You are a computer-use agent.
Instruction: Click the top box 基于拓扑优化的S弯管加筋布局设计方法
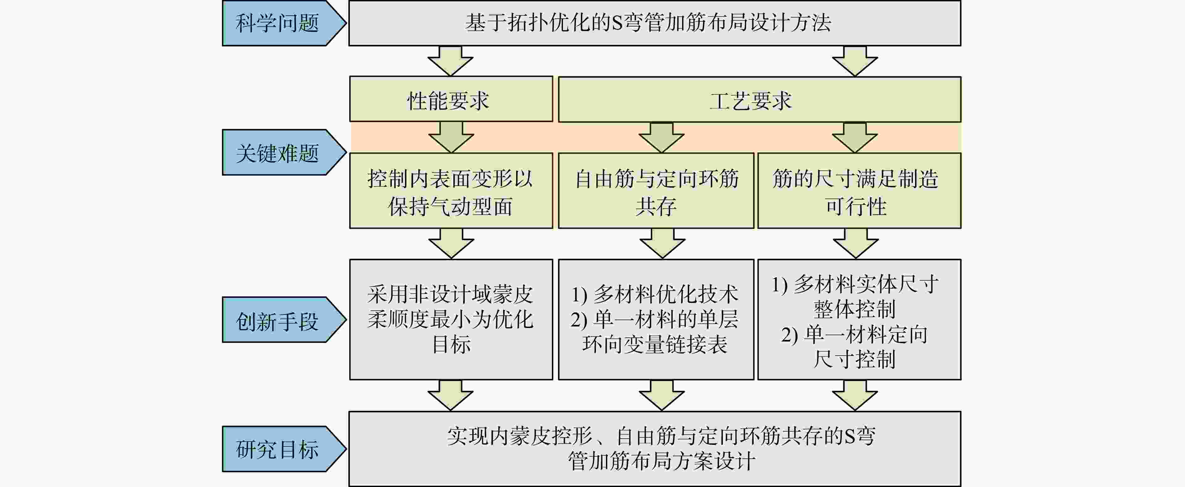click(x=655, y=23)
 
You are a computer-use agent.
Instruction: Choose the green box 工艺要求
click(x=760, y=99)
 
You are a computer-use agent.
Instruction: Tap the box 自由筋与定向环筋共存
click(x=656, y=191)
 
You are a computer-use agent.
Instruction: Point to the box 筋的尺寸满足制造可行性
click(x=859, y=191)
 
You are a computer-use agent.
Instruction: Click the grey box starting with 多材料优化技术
click(x=656, y=320)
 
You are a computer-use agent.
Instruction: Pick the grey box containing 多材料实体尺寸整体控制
click(x=859, y=320)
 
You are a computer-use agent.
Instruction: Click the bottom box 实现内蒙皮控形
click(x=655, y=449)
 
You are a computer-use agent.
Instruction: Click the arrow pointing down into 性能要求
click(x=450, y=61)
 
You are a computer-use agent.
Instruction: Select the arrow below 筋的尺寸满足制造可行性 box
click(x=856, y=243)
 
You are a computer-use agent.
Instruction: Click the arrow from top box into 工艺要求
click(x=855, y=61)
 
